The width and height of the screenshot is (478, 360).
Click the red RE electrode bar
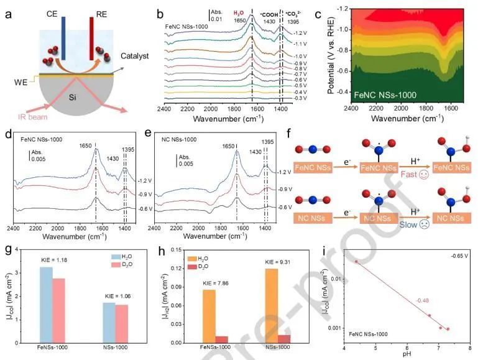point(91,39)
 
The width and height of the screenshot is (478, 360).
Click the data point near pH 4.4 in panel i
point(356,261)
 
